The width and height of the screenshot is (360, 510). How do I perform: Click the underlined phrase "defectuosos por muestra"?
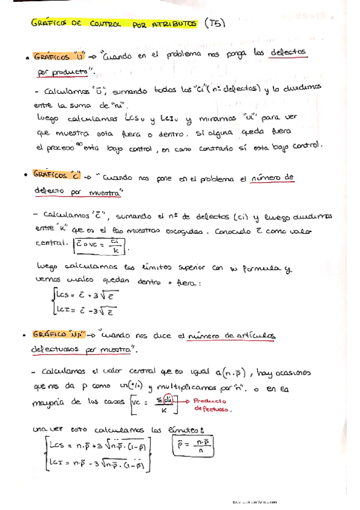pos(81,349)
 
